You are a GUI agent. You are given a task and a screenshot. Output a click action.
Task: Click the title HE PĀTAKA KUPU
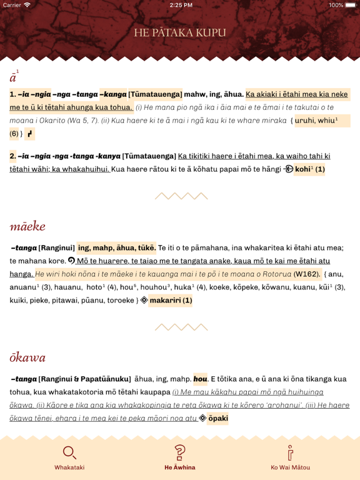[x=180, y=32]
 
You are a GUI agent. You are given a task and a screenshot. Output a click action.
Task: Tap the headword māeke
[x=27, y=226]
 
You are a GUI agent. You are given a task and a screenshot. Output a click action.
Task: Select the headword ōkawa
[x=27, y=358]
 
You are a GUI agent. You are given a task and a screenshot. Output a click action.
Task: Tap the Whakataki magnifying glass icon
[x=69, y=452]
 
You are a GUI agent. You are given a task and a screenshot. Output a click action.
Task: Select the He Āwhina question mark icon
[x=180, y=452]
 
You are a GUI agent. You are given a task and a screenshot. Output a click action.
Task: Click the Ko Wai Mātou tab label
[x=290, y=467]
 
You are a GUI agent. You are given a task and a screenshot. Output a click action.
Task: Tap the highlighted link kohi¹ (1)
[x=309, y=169]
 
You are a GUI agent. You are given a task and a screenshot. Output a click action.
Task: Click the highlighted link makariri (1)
[x=171, y=300]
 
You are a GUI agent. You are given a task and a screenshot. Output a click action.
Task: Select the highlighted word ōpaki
[x=217, y=418]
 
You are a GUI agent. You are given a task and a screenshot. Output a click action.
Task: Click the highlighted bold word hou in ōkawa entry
[x=200, y=379]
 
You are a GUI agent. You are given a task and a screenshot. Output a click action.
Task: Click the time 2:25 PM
[x=180, y=5]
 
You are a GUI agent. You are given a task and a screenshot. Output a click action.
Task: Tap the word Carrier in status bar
[x=12, y=5]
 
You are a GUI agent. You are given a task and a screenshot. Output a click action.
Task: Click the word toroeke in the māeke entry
[x=116, y=300]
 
